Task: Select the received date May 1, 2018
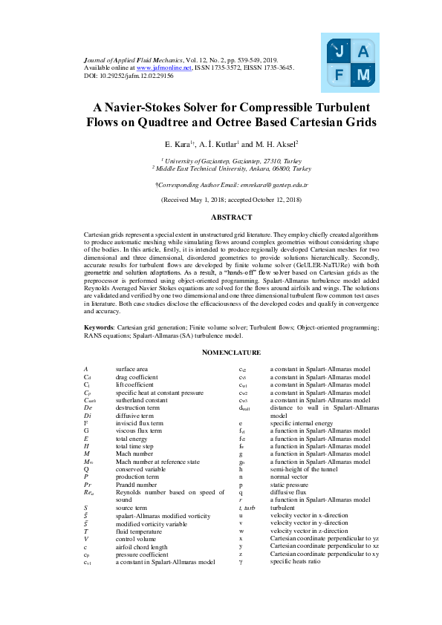[203, 200]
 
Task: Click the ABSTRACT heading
[232, 217]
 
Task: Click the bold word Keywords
[98, 327]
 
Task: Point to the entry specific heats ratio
[293, 562]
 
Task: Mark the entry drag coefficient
[137, 377]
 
